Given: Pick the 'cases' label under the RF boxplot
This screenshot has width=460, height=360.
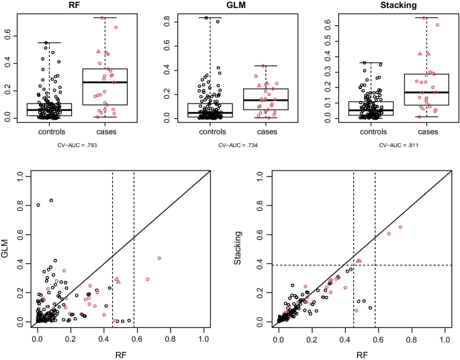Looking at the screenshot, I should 104,132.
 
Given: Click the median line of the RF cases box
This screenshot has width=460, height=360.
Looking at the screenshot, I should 104,82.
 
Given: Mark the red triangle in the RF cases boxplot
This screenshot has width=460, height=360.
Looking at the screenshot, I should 98,51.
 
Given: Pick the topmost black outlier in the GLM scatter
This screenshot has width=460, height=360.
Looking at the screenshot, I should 51,201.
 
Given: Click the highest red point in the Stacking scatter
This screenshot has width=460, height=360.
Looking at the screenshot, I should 400,227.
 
